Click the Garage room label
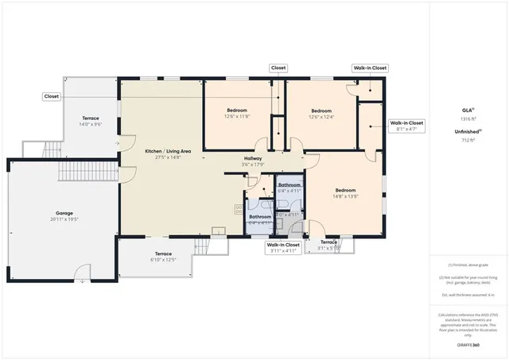tap(64, 214)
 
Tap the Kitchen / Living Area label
tap(168, 150)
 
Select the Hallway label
tap(254, 158)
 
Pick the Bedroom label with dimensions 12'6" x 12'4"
tap(321, 110)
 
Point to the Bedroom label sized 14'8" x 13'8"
tap(345, 190)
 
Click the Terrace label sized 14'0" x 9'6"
tap(89, 118)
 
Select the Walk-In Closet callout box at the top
tap(370, 68)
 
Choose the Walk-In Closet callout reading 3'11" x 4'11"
tap(282, 247)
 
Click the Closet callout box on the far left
tap(52, 96)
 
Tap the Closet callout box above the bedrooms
tap(278, 68)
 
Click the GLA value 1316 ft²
tap(468, 118)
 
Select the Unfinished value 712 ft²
tap(468, 140)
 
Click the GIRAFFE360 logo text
tap(468, 346)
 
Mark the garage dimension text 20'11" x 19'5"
tap(64, 219)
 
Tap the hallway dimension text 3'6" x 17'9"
tap(254, 165)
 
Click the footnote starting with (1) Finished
tap(468, 265)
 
